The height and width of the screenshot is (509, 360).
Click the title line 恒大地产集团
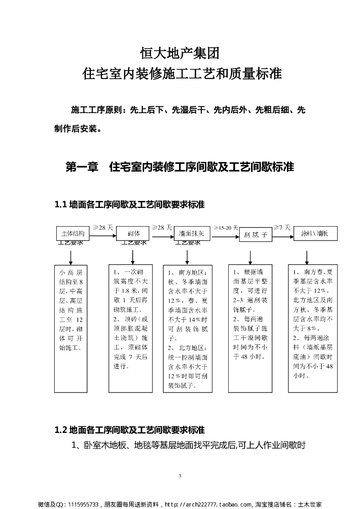[x=180, y=52]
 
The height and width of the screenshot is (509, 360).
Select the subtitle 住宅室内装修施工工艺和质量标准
[x=180, y=75]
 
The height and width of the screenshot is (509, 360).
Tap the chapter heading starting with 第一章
[x=180, y=167]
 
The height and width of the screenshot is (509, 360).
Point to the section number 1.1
[x=60, y=204]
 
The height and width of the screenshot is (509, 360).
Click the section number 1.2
[x=60, y=429]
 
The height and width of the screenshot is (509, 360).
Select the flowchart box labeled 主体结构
[x=73, y=233]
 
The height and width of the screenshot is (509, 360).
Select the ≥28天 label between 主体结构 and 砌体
[x=103, y=227]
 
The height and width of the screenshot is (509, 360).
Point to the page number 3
[x=180, y=477]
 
